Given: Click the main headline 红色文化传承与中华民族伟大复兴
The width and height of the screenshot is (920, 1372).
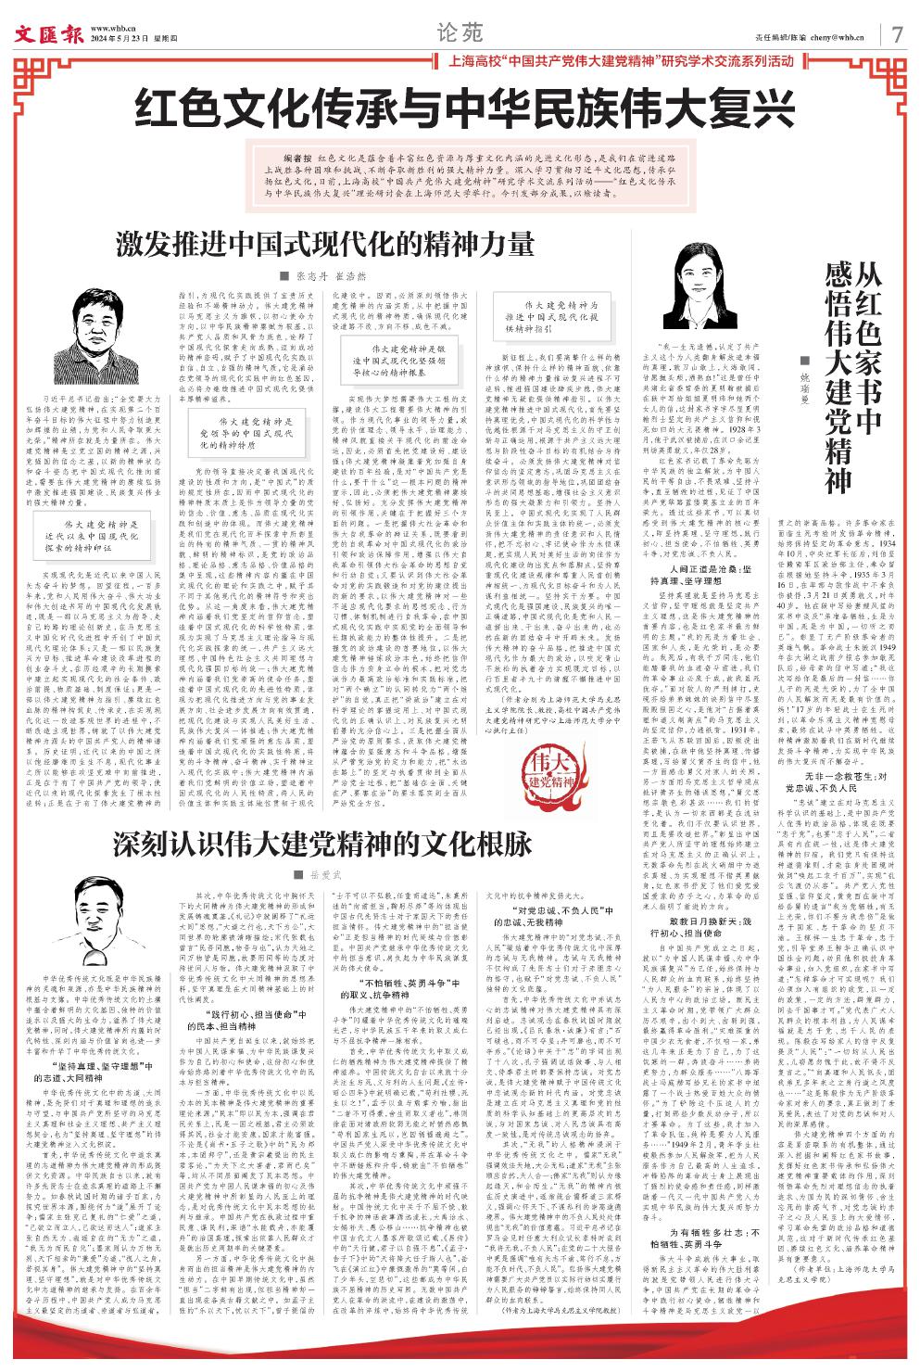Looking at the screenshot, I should [460, 108].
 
